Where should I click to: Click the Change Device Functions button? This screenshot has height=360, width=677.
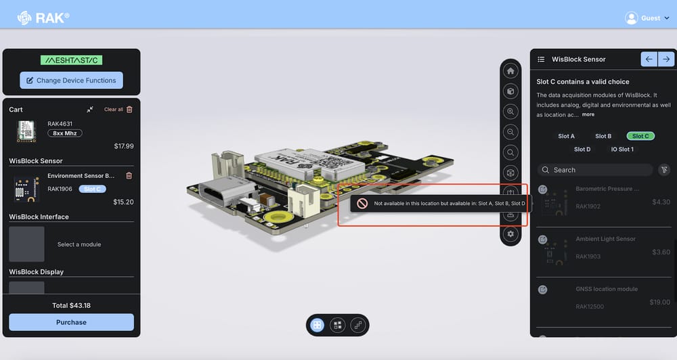click(71, 81)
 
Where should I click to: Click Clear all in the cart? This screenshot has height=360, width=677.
click(114, 110)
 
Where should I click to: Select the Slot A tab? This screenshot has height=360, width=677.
click(566, 136)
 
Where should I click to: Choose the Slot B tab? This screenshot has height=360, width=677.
click(603, 136)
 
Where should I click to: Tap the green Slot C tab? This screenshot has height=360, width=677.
click(640, 136)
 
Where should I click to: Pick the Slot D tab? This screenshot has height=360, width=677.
click(582, 150)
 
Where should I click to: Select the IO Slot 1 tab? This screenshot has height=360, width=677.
click(622, 150)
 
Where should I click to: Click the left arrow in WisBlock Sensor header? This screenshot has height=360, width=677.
click(649, 60)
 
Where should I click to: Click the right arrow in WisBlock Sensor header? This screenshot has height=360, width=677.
click(666, 60)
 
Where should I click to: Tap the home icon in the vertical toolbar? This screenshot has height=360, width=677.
click(510, 71)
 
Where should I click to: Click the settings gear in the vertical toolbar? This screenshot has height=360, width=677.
click(510, 234)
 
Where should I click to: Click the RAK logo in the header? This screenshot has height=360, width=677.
click(43, 17)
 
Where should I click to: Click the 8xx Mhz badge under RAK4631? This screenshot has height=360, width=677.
click(64, 133)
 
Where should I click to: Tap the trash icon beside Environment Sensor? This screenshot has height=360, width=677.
click(129, 176)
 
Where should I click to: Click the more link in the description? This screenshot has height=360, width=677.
click(588, 115)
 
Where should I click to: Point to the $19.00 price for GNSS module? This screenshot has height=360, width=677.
click(659, 302)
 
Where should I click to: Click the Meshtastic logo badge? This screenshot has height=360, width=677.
click(71, 60)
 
